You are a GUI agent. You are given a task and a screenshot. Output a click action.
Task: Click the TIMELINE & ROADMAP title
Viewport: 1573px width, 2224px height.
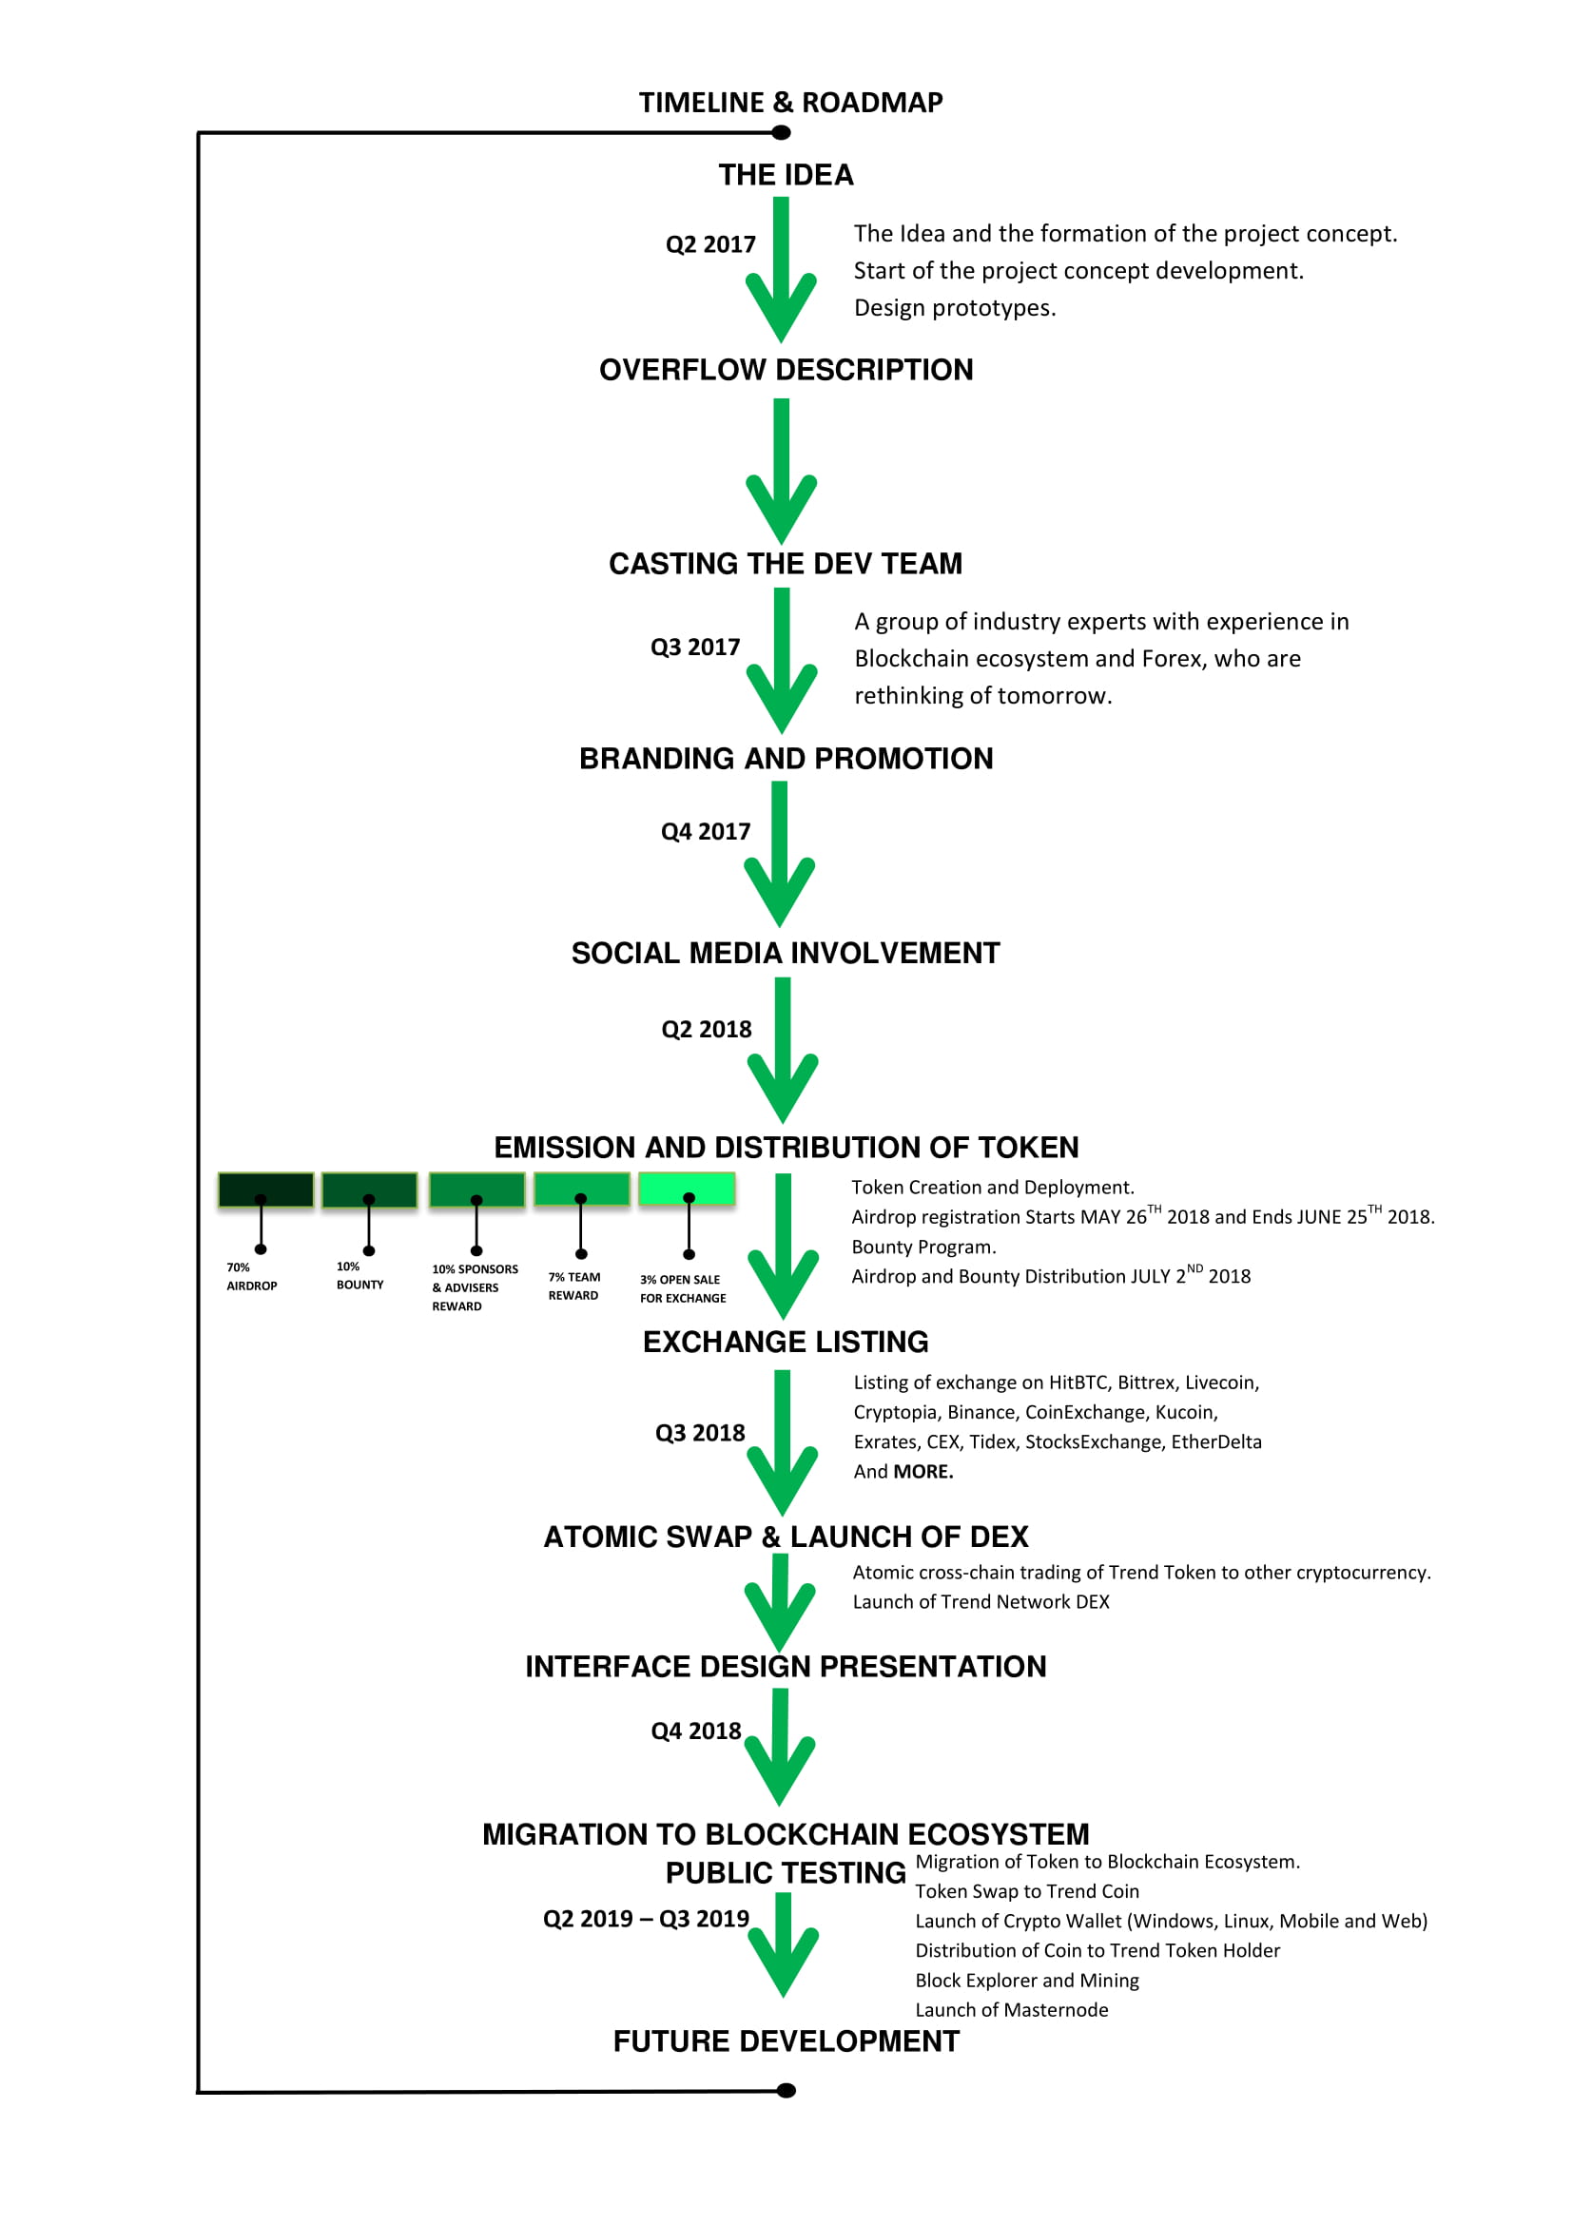tap(790, 103)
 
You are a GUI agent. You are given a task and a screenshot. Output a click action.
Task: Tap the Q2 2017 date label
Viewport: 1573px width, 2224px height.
tap(710, 244)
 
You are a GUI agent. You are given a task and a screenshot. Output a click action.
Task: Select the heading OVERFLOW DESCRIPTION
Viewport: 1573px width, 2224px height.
tap(786, 370)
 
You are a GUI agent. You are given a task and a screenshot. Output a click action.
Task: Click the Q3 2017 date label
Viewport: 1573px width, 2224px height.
tap(694, 648)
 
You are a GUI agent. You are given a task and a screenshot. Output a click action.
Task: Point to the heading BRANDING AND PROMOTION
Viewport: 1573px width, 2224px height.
tap(786, 759)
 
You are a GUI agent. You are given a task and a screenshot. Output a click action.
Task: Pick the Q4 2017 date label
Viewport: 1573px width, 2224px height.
tap(705, 831)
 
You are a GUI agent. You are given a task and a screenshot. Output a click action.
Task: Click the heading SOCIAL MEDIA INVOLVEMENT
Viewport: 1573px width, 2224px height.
tap(786, 953)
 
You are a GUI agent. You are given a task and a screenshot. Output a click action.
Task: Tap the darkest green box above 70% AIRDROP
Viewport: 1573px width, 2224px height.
tap(266, 1189)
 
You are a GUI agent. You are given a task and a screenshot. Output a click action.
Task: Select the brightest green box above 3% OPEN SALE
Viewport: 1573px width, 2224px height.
tap(687, 1189)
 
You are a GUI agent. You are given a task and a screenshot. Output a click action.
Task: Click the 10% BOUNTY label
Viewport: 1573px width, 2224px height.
tap(359, 1276)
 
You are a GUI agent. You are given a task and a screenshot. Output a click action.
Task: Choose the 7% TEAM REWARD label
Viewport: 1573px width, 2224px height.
tap(573, 1286)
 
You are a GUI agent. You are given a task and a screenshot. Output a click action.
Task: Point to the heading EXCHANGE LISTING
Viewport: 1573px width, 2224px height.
tap(786, 1342)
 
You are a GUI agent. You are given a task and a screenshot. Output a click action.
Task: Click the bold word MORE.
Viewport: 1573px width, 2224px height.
tap(923, 1471)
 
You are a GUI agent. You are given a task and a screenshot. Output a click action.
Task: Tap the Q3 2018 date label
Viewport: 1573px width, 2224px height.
tap(699, 1433)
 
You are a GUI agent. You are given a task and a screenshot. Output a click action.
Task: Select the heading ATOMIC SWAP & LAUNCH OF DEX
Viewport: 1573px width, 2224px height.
tap(786, 1537)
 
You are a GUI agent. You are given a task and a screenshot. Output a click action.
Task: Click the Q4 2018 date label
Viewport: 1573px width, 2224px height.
tap(695, 1731)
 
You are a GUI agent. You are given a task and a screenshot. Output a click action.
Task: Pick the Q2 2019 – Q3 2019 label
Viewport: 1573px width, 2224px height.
tap(646, 1919)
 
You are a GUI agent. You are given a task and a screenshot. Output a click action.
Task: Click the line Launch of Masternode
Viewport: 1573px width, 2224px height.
tap(1011, 2010)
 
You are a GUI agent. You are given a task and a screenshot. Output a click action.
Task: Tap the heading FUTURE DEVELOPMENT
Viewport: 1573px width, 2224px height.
tap(786, 2040)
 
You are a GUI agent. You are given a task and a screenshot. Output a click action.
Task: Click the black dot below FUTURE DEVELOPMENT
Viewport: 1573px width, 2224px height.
tap(786, 2090)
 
